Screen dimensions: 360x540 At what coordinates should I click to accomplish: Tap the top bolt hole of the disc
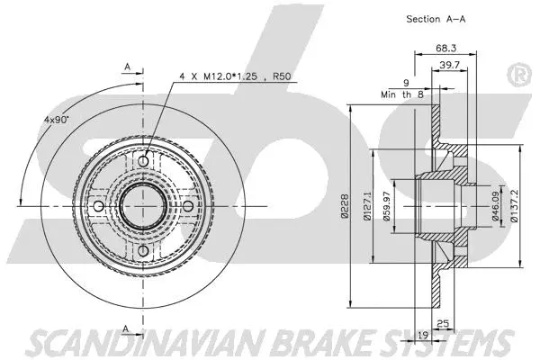pos(144,160)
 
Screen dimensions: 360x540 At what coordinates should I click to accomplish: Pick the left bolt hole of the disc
pos(100,205)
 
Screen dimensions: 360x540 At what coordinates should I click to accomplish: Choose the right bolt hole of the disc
pos(187,205)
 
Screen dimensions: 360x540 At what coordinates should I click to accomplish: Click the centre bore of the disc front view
pos(144,205)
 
